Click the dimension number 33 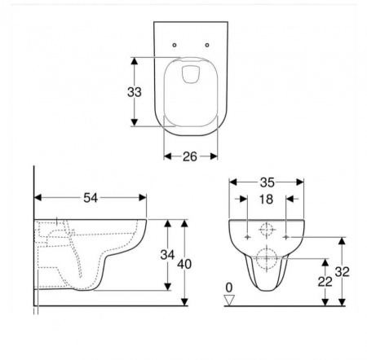click(x=135, y=92)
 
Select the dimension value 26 click(x=189, y=156)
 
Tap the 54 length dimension click(x=91, y=198)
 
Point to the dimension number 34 click(x=167, y=255)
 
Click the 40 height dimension click(x=184, y=264)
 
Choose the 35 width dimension click(x=267, y=182)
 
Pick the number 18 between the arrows click(x=266, y=200)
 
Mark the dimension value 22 click(x=325, y=282)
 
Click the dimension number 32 click(x=342, y=272)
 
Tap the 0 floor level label click(x=229, y=288)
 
